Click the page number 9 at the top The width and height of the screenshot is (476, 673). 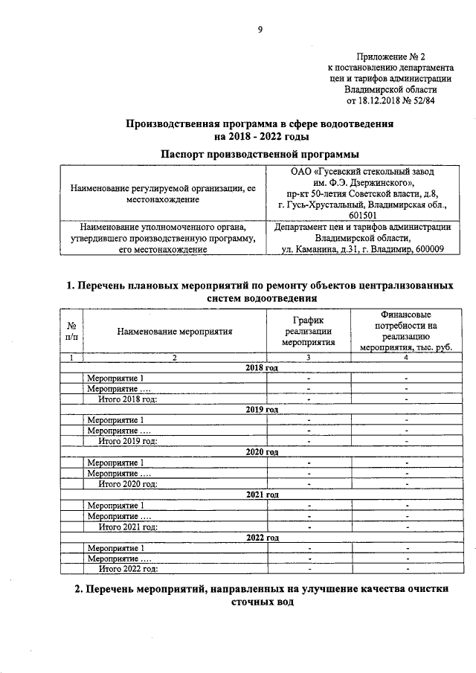click(x=260, y=29)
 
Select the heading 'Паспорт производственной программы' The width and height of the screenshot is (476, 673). click(x=260, y=153)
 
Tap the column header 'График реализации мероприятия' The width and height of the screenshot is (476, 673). click(x=308, y=332)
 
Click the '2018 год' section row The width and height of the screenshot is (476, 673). click(x=261, y=368)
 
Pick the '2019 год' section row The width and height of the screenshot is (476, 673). click(x=261, y=410)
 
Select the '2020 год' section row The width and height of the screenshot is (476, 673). click(x=261, y=452)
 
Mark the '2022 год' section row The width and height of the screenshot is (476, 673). click(x=261, y=537)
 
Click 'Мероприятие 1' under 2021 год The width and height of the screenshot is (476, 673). click(x=115, y=506)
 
